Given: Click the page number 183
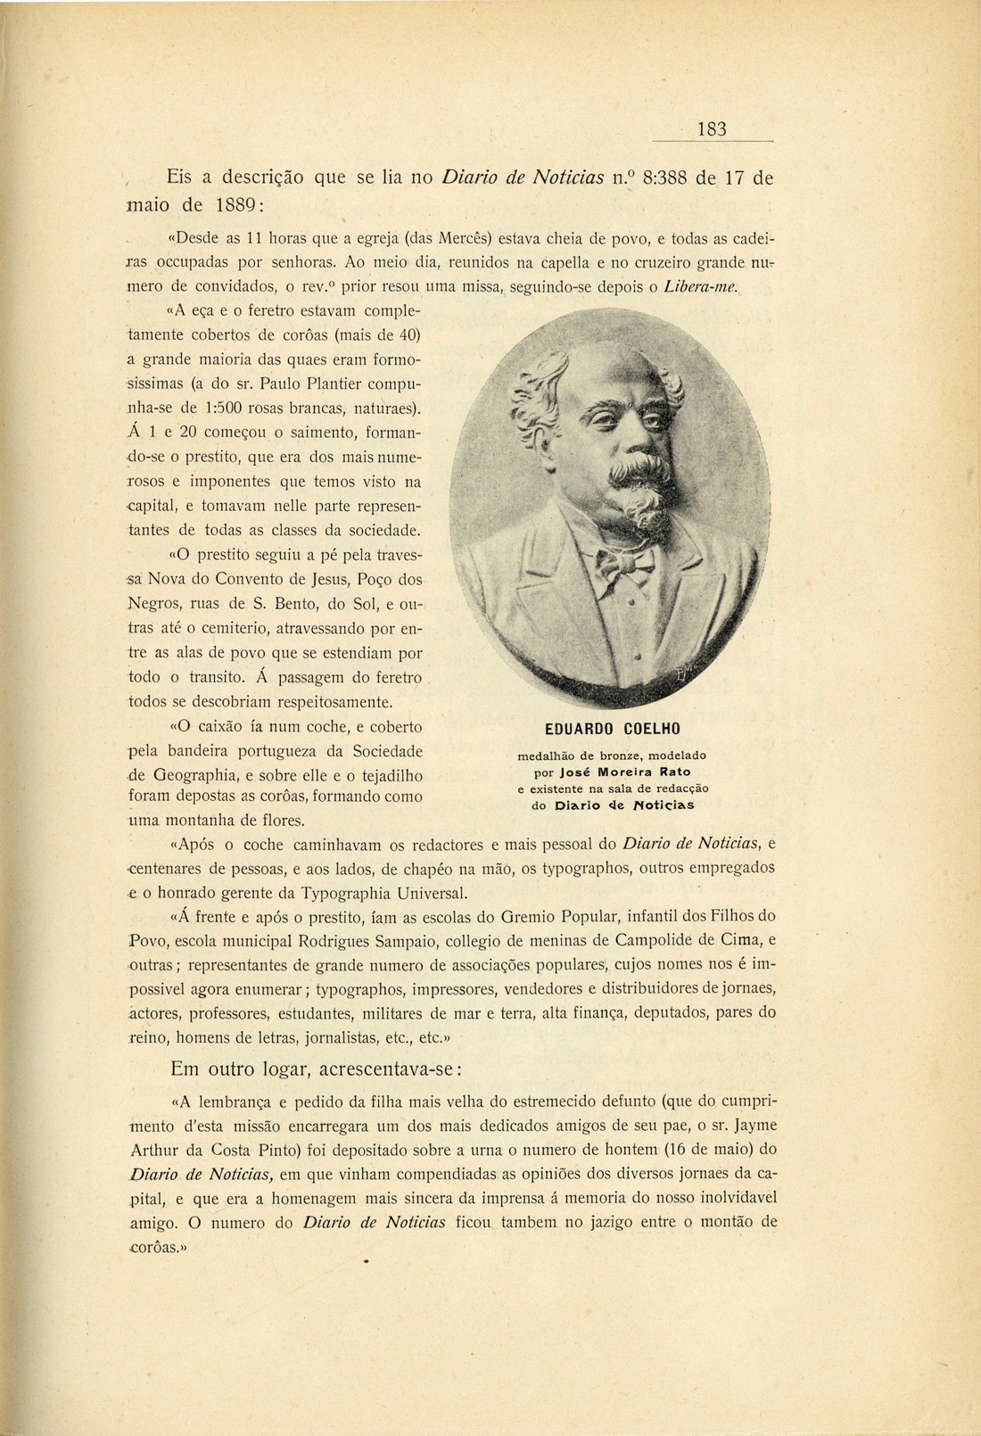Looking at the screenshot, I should click(712, 129).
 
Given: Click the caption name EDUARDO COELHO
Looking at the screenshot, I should click(612, 729).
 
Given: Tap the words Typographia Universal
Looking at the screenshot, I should click(385, 893).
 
